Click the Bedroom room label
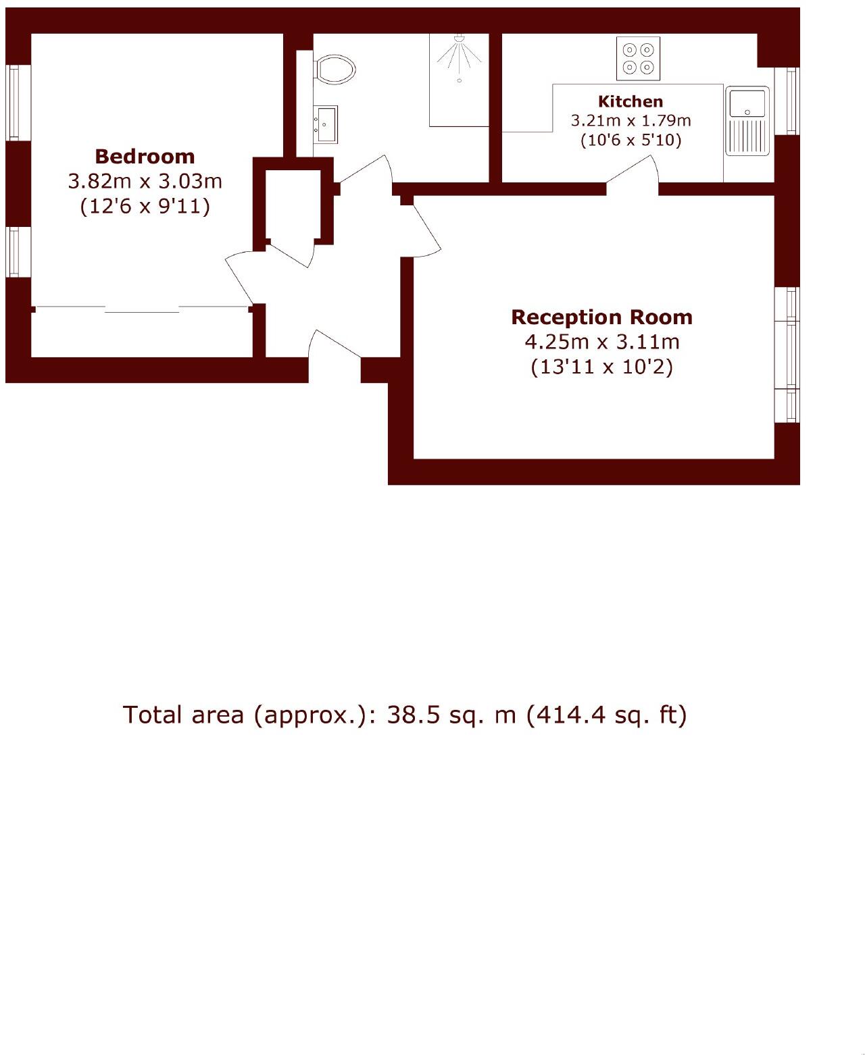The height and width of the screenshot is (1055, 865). coord(145,156)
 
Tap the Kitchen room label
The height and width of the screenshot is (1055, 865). coord(631,101)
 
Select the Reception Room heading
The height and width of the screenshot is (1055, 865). coord(601,317)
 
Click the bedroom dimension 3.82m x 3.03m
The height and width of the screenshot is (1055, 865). coord(145,181)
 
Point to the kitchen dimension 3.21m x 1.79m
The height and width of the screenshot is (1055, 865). coord(631,121)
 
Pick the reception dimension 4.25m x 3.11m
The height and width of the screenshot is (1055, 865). coord(601,342)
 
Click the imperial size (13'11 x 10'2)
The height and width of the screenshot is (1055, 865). coord(601,367)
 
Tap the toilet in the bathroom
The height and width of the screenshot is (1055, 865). coord(335,69)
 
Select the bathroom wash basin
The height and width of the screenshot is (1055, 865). coord(326,124)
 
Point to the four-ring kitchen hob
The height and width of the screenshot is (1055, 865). coord(638,58)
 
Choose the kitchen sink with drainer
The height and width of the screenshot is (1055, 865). coord(747,120)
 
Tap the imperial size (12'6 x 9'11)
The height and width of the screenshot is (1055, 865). coord(145,206)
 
